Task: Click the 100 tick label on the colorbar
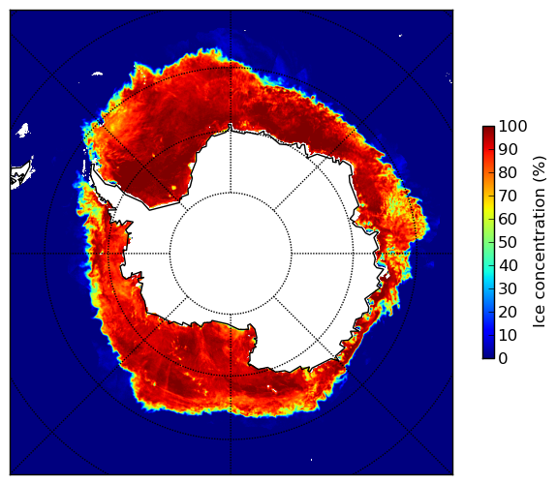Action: [512, 126]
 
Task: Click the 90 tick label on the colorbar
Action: [508, 149]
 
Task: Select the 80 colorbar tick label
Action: [508, 172]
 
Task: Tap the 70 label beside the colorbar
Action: [508, 196]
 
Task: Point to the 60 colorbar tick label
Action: [508, 219]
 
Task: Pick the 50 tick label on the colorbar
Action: [508, 242]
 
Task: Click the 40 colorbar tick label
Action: [508, 265]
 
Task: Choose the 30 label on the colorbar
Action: [508, 288]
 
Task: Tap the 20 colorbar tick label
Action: [508, 312]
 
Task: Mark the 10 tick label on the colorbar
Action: [508, 335]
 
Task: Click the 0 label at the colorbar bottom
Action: [504, 358]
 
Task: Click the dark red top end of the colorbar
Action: [488, 129]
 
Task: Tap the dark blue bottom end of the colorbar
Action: [488, 355]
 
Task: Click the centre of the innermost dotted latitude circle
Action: [231, 254]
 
